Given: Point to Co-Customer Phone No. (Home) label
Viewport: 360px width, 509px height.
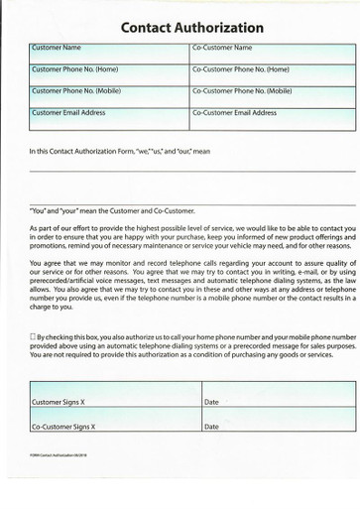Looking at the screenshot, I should pos(240,69).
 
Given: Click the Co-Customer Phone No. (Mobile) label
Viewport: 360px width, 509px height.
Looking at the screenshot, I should pos(242,91).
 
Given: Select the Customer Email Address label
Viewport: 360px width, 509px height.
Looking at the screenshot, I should pos(68,113).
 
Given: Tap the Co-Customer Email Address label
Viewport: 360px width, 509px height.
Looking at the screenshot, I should pos(234,113).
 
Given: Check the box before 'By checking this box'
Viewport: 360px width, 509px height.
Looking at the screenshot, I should pos(34,336).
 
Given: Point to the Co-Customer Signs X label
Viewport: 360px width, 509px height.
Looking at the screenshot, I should pos(64,427).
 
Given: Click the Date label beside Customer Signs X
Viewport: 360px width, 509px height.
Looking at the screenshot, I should pos(211,403).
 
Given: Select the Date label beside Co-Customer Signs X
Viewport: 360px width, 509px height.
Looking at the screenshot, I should pos(211,427).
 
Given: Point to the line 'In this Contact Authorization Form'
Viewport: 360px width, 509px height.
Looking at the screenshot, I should pos(119,152).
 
